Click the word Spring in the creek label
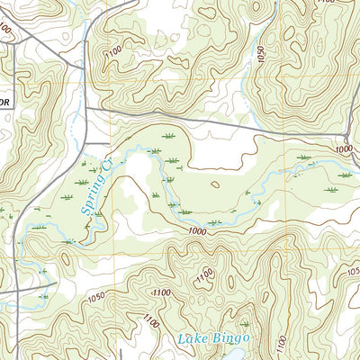coord(90,200)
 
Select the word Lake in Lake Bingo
coord(193,338)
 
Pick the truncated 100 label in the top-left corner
coord(6,29)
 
